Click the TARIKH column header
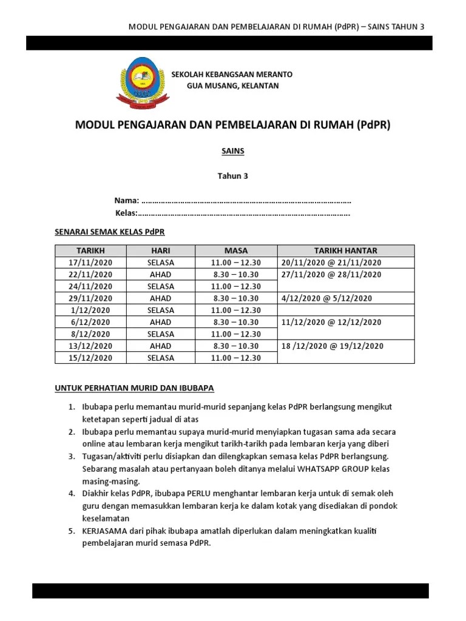tap(90, 250)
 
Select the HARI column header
tap(160, 250)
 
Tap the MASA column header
tap(236, 250)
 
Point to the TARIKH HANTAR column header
tap(345, 250)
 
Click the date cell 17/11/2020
tap(90, 263)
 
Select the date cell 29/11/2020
tap(90, 298)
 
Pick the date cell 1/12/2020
tap(90, 310)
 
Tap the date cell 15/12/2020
tap(90, 358)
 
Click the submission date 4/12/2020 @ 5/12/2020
tap(327, 298)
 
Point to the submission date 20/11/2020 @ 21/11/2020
tap(331, 263)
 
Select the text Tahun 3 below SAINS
tap(233, 176)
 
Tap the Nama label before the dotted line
tap(127, 201)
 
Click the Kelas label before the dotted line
tap(126, 213)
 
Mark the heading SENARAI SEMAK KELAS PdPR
tap(110, 232)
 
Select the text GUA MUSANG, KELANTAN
tap(232, 86)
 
